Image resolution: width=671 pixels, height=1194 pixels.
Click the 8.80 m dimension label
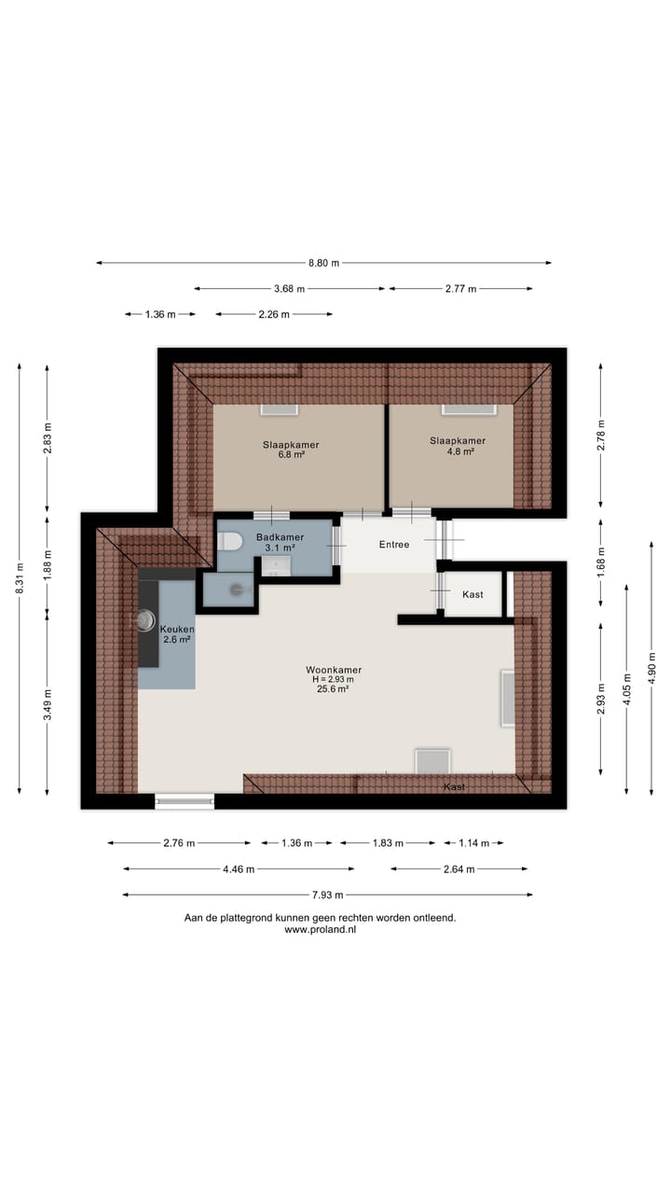(x=323, y=263)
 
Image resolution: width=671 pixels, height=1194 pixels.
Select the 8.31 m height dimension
(x=20, y=579)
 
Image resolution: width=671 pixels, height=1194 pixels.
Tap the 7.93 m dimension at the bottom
(x=327, y=895)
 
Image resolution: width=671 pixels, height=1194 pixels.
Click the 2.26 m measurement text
(x=273, y=314)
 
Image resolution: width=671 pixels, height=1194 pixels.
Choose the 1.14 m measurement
(x=472, y=843)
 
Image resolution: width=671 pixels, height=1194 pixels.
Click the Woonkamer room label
(x=333, y=670)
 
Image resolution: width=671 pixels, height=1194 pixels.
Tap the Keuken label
(x=176, y=630)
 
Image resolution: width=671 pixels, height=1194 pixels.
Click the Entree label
(x=392, y=544)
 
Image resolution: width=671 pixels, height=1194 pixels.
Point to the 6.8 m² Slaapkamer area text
(x=290, y=456)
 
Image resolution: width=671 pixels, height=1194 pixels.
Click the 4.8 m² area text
(x=457, y=451)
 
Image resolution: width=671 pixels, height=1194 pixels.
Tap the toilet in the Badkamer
(x=231, y=540)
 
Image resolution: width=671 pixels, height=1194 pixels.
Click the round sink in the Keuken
(x=147, y=620)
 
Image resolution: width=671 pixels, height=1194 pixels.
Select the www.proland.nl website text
(x=320, y=930)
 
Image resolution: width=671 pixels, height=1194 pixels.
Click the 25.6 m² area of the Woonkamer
(x=333, y=689)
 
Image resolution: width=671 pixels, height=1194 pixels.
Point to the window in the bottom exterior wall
(x=184, y=799)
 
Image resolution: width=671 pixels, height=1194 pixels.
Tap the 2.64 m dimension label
(x=459, y=869)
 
